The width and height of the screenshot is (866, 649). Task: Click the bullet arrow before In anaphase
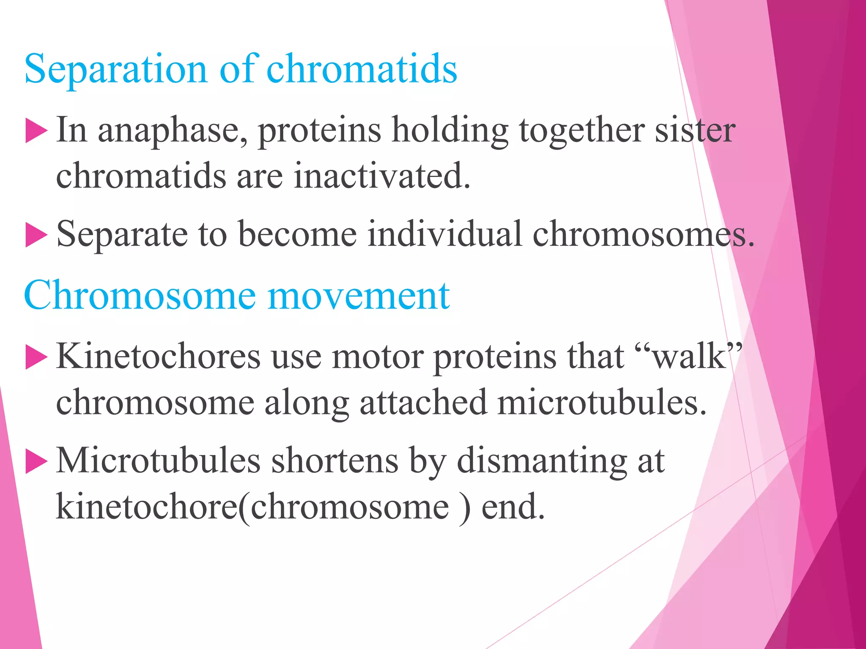click(x=36, y=131)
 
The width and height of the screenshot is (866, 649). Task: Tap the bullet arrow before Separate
click(x=36, y=235)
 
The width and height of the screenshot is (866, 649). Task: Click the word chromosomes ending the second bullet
click(x=643, y=235)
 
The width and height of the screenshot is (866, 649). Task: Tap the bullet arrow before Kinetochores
click(x=36, y=357)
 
